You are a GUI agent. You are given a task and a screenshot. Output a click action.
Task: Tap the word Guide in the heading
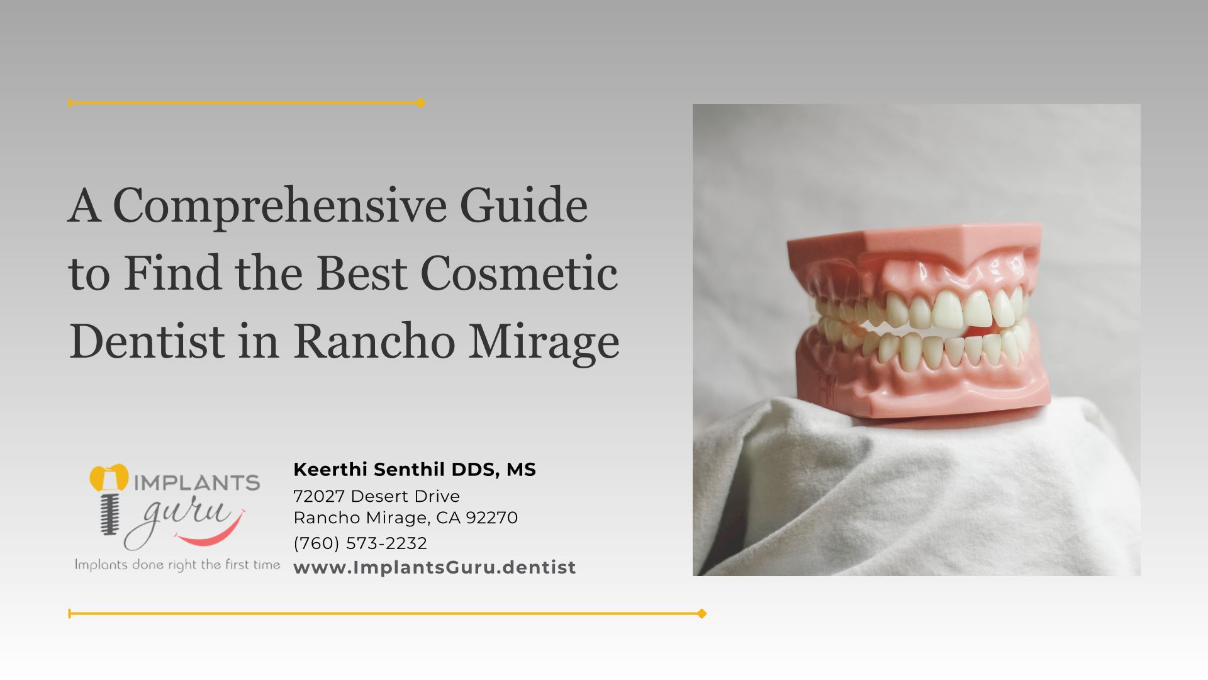point(523,205)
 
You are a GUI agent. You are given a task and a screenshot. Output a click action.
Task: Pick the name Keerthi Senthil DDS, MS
point(415,470)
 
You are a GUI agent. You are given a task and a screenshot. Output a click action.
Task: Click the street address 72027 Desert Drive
point(376,496)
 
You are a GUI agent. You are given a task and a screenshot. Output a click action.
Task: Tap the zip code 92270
point(492,518)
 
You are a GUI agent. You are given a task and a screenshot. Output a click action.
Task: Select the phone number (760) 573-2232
point(360,543)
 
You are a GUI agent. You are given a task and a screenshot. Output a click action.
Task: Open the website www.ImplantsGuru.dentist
point(435,567)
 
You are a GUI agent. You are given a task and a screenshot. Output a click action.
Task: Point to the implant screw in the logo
point(109,512)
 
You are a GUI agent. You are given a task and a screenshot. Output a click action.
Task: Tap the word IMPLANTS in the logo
point(196,483)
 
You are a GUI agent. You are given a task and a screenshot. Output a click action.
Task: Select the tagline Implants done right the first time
point(177,565)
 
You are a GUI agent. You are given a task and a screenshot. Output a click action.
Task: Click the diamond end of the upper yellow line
point(421,103)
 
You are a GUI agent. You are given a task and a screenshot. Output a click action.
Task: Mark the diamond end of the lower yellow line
point(702,613)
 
